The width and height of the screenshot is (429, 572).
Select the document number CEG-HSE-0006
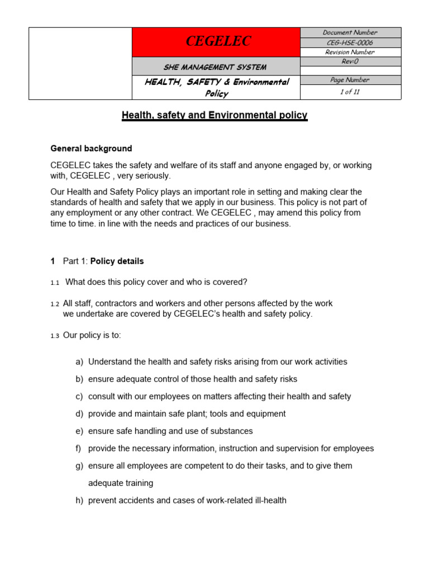pyautogui.click(x=350, y=42)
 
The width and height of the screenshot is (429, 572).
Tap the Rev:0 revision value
pyautogui.click(x=350, y=61)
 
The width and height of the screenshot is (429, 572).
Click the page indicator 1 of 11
pyautogui.click(x=350, y=92)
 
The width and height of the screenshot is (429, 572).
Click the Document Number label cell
pyautogui.click(x=350, y=32)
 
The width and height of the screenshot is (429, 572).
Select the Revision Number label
pyautogui.click(x=350, y=52)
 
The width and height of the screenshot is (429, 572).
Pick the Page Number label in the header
pyautogui.click(x=350, y=80)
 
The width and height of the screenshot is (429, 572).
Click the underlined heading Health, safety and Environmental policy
pyautogui.click(x=214, y=116)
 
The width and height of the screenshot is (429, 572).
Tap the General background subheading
pyautogui.click(x=91, y=149)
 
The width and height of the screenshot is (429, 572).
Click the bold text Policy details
pyautogui.click(x=117, y=261)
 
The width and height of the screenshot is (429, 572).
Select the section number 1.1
pyautogui.click(x=55, y=283)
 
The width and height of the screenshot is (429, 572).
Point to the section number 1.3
pyautogui.click(x=55, y=336)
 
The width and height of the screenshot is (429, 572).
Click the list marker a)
pyautogui.click(x=79, y=362)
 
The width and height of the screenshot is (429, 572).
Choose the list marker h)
pyautogui.click(x=79, y=500)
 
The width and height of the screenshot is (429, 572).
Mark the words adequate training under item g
pyautogui.click(x=121, y=483)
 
